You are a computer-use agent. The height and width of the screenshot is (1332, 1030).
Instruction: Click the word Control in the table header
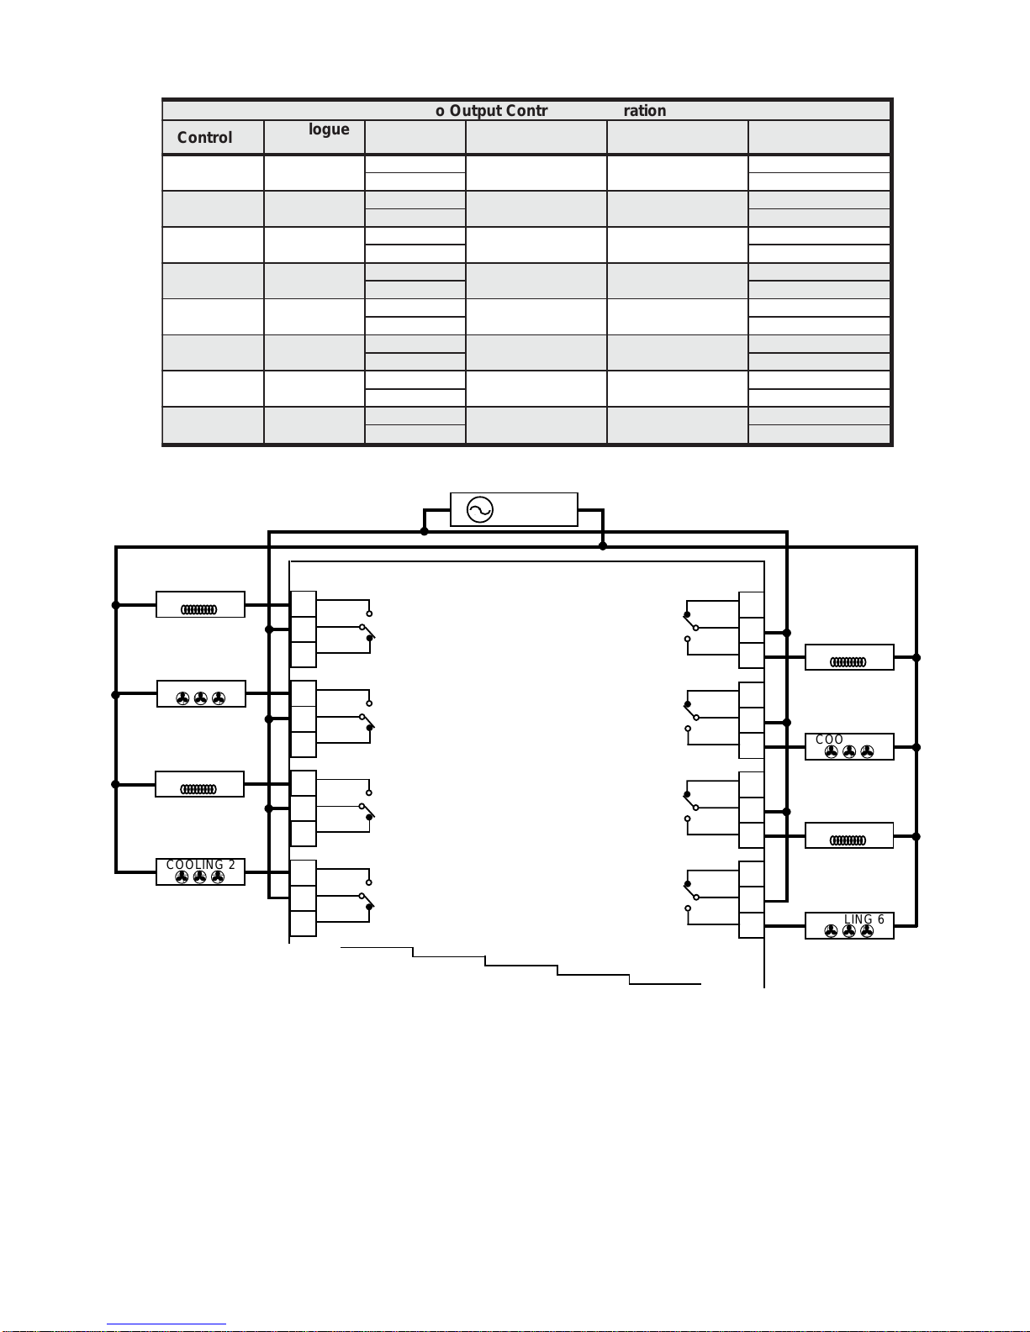click(204, 138)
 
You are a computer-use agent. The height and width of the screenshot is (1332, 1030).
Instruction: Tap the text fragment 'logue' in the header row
click(329, 129)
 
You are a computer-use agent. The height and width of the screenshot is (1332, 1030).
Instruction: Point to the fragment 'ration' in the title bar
click(645, 111)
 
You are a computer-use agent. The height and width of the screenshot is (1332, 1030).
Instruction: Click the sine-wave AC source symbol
click(479, 509)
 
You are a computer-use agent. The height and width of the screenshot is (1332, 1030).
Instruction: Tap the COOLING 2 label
click(200, 865)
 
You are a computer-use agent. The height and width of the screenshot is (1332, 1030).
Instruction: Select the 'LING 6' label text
click(864, 919)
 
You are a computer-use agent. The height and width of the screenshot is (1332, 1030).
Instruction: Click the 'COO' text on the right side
click(829, 740)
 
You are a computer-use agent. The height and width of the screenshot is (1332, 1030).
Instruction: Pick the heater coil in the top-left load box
click(199, 609)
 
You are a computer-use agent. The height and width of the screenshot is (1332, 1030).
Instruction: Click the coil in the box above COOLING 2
click(199, 788)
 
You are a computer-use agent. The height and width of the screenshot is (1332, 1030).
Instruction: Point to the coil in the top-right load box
click(848, 661)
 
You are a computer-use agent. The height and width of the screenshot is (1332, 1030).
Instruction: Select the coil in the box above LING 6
click(848, 840)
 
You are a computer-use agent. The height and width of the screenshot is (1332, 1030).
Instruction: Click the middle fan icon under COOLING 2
click(200, 877)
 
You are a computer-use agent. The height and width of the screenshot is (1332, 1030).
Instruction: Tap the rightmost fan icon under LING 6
click(867, 931)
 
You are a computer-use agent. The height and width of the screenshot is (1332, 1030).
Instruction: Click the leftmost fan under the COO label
click(831, 752)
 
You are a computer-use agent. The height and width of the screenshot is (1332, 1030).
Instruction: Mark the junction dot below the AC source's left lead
click(425, 531)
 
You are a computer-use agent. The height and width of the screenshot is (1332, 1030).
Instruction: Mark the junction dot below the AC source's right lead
click(603, 546)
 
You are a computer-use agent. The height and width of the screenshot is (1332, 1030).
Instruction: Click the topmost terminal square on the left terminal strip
click(303, 604)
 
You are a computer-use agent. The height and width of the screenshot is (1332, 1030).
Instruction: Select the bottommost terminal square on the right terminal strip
click(752, 925)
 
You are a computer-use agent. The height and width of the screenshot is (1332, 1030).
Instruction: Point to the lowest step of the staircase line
click(664, 982)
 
